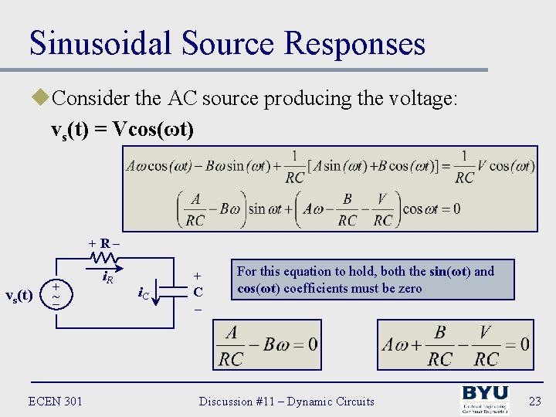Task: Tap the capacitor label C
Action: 198,292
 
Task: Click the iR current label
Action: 109,276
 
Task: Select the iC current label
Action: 144,293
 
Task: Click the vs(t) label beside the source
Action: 19,295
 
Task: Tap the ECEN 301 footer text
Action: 55,401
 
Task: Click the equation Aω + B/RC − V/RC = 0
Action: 455,344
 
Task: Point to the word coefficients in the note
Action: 317,288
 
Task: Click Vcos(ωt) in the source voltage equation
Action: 153,128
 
